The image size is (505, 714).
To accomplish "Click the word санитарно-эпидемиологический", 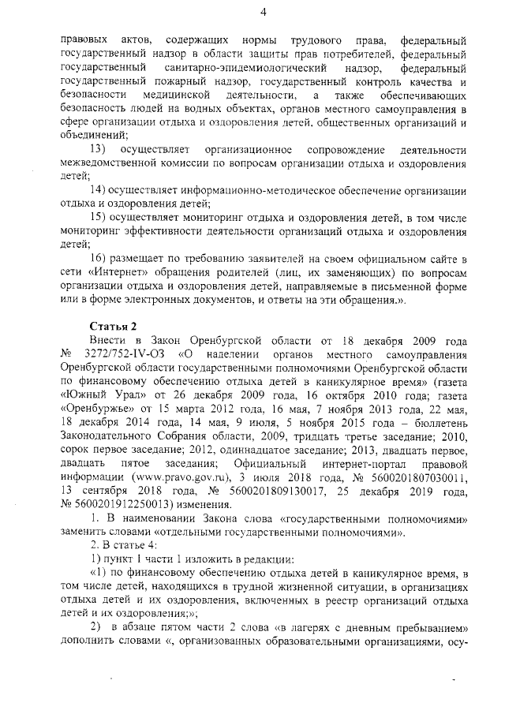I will click(x=233, y=69).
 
